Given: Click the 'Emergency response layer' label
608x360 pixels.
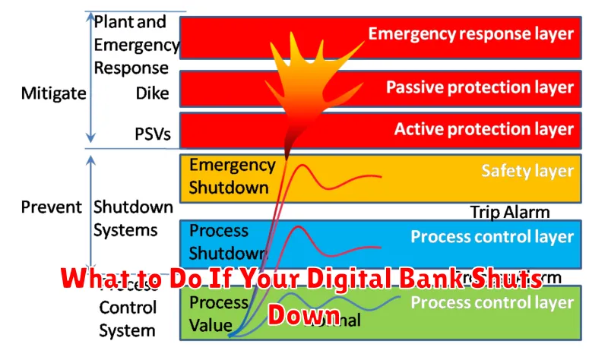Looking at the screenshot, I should click(x=471, y=33).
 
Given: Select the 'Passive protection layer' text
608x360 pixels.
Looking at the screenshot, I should click(x=480, y=87).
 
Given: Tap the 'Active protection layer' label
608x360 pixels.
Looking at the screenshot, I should click(x=483, y=130).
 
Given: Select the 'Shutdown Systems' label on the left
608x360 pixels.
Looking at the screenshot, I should click(x=133, y=217).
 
